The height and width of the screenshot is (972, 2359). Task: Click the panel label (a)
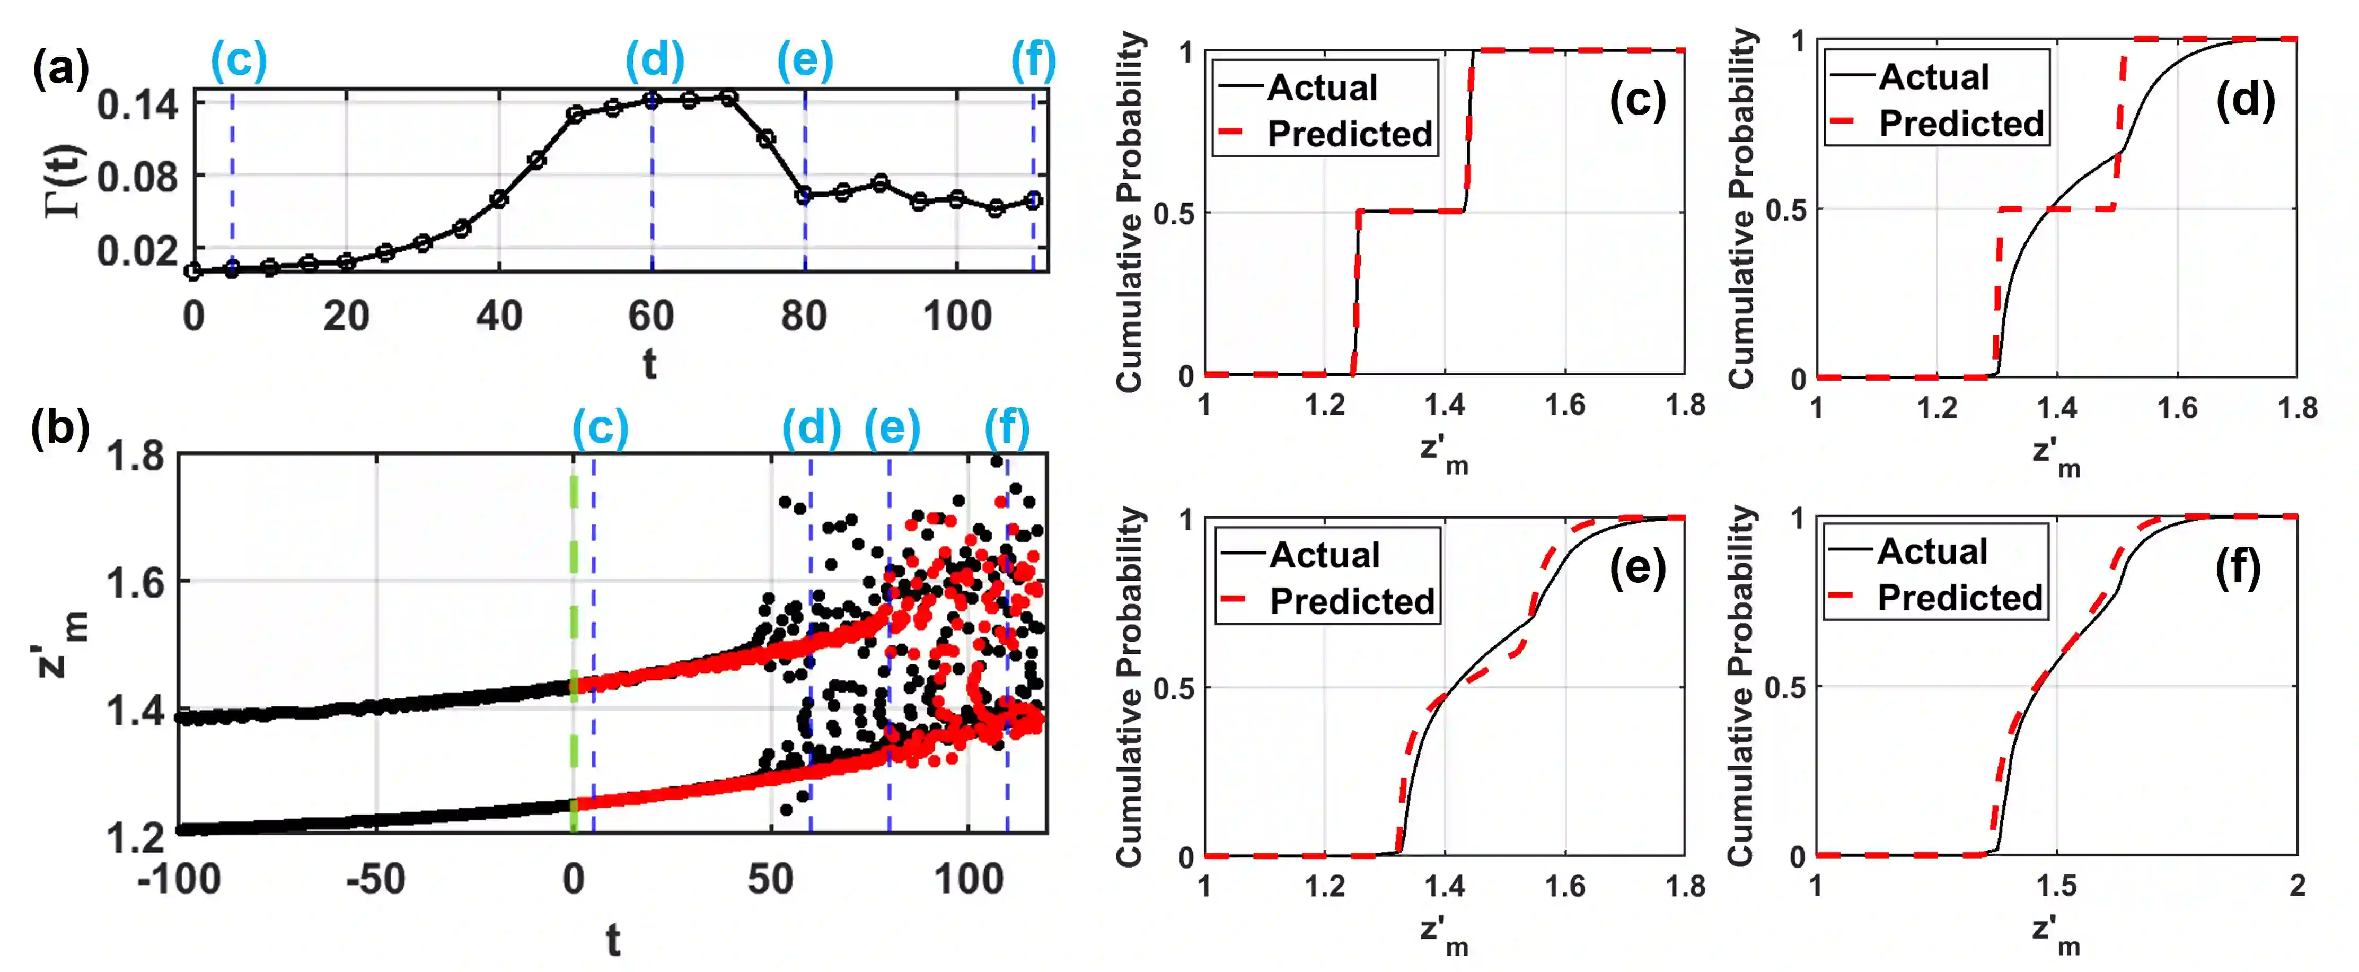60,69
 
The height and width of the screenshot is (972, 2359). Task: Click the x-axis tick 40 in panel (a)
499,316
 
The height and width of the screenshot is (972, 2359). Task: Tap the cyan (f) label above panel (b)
1007,428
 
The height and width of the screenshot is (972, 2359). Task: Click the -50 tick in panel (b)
375,880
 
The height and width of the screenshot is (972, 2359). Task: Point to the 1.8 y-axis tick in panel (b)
136,456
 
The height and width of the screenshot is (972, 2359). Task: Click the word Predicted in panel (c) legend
1350,134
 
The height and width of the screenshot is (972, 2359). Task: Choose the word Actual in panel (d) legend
1934,77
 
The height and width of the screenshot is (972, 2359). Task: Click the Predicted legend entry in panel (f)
1960,597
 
